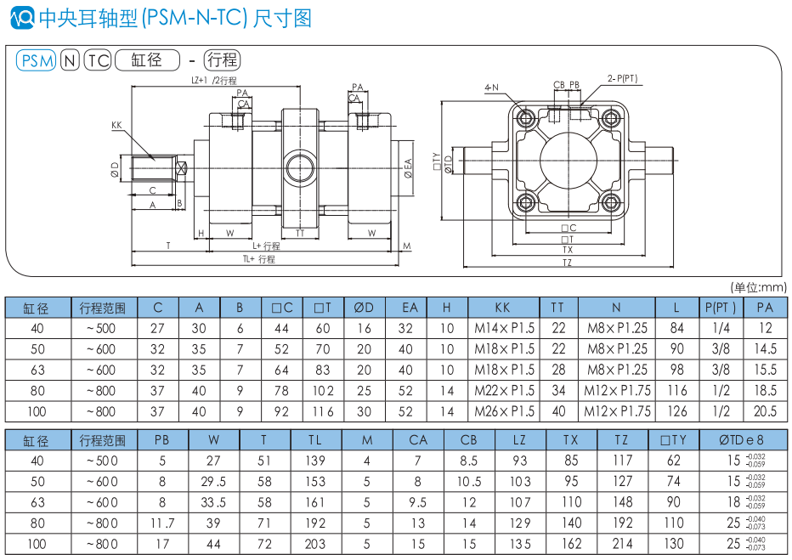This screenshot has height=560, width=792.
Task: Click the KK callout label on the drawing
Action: [x=116, y=126]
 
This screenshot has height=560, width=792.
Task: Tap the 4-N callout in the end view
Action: [x=491, y=88]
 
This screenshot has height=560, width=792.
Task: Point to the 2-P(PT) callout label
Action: [x=622, y=78]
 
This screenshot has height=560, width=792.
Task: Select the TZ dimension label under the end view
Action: [x=567, y=263]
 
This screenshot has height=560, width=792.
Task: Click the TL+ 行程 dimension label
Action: [x=259, y=259]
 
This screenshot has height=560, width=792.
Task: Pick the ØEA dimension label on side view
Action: [x=408, y=167]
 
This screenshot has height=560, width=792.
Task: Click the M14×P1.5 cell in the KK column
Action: [x=503, y=329]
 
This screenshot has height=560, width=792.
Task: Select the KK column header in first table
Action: [x=503, y=307]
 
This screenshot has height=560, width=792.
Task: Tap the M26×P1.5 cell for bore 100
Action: [x=503, y=411]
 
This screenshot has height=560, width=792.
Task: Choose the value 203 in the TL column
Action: [x=315, y=544]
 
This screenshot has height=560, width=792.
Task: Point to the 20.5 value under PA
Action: [x=765, y=411]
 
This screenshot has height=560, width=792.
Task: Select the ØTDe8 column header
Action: [x=741, y=439]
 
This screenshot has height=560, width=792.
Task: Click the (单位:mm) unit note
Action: [x=758, y=287]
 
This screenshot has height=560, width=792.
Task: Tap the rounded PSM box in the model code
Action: [x=37, y=60]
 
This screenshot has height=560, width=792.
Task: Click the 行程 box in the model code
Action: [x=223, y=60]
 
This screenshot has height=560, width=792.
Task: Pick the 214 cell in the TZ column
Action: [x=622, y=544]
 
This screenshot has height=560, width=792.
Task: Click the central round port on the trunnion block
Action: [x=300, y=162]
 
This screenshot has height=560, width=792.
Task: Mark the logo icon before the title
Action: [x=25, y=16]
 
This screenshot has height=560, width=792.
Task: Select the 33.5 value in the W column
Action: [x=213, y=502]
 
